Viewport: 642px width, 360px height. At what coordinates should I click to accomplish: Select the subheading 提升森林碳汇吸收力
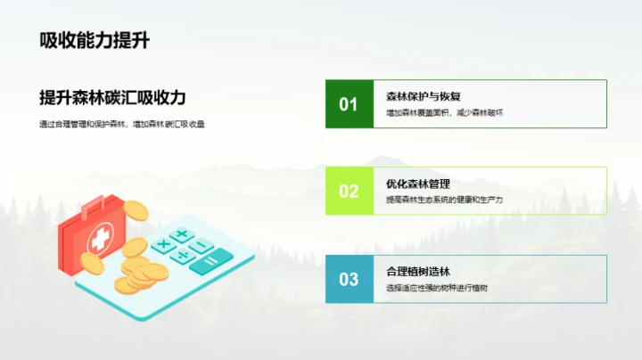(x=112, y=97)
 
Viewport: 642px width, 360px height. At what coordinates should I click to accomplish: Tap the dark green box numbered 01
(x=349, y=104)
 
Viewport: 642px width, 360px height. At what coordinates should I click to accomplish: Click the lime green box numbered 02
(x=349, y=191)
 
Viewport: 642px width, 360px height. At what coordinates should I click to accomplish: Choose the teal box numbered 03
(x=349, y=279)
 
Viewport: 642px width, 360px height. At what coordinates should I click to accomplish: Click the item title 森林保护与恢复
(x=423, y=96)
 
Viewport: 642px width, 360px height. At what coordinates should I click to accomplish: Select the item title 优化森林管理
(x=417, y=184)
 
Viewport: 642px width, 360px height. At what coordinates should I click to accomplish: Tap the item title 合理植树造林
(x=417, y=271)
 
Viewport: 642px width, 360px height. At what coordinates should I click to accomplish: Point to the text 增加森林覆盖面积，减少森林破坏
(x=444, y=113)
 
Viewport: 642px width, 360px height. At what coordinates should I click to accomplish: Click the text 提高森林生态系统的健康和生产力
(x=444, y=200)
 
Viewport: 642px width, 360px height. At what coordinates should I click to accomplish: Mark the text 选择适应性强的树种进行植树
(x=437, y=288)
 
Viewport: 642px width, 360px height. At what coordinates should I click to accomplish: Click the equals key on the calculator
(x=209, y=261)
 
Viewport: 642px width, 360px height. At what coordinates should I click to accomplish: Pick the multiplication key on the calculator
(x=163, y=244)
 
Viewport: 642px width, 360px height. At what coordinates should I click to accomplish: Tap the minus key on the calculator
(x=202, y=245)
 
